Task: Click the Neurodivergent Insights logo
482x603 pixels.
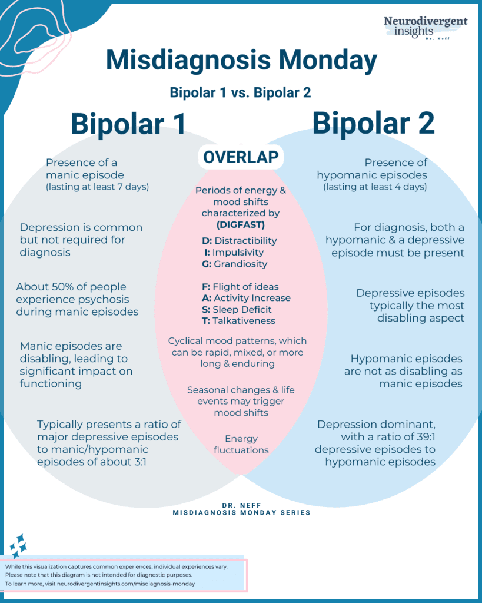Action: [x=425, y=28]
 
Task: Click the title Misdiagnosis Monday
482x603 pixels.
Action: [x=241, y=61]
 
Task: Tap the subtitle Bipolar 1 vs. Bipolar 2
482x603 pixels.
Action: [x=240, y=92]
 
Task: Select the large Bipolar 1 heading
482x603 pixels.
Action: [x=128, y=124]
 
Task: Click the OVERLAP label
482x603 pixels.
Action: [x=241, y=157]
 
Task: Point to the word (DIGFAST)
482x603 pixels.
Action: [x=241, y=224]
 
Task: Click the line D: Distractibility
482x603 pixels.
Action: [x=240, y=240]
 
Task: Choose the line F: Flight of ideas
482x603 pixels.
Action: [x=240, y=287]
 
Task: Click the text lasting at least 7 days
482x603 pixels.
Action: [x=99, y=187]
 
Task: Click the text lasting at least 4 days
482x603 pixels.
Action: [x=375, y=187]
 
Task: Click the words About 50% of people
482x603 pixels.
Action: [x=71, y=287]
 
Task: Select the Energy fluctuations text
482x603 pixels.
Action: [x=241, y=444]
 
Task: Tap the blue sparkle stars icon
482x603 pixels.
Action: [x=18, y=545]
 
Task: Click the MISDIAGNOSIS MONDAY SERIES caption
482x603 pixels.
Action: [x=241, y=512]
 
